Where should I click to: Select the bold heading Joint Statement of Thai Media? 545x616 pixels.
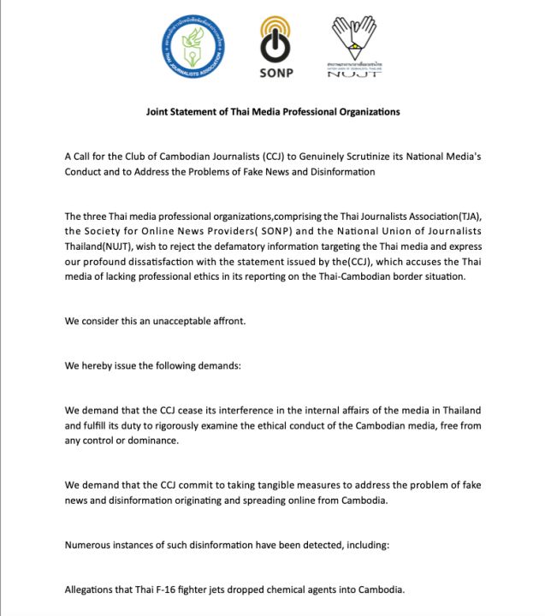(x=272, y=112)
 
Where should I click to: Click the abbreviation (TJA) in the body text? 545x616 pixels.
(x=463, y=216)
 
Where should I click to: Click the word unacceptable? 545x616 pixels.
(x=184, y=321)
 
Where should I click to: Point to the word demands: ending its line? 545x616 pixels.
(x=221, y=365)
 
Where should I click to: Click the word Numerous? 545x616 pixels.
(x=90, y=545)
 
